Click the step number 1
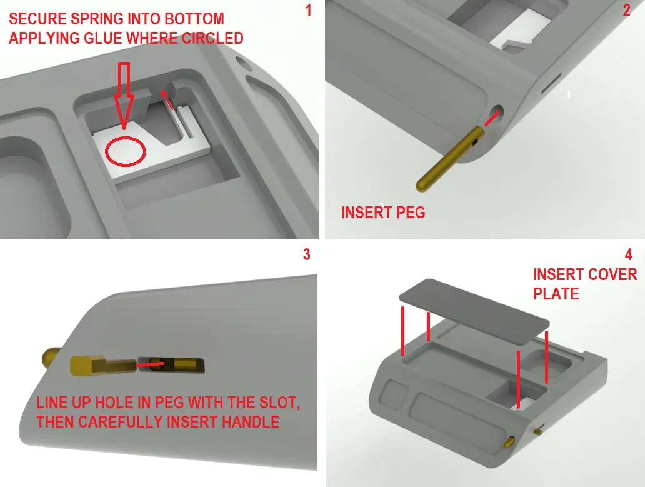coord(309,10)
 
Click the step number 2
coord(626,10)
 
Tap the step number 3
coord(306,254)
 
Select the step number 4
coord(629,254)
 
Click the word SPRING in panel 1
coord(97,19)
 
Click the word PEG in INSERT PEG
coord(410,213)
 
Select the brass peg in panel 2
coord(451,158)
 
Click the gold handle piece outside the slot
coord(103,365)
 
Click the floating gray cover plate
coord(474,311)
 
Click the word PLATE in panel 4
coord(556,294)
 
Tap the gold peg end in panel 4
coord(509,442)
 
